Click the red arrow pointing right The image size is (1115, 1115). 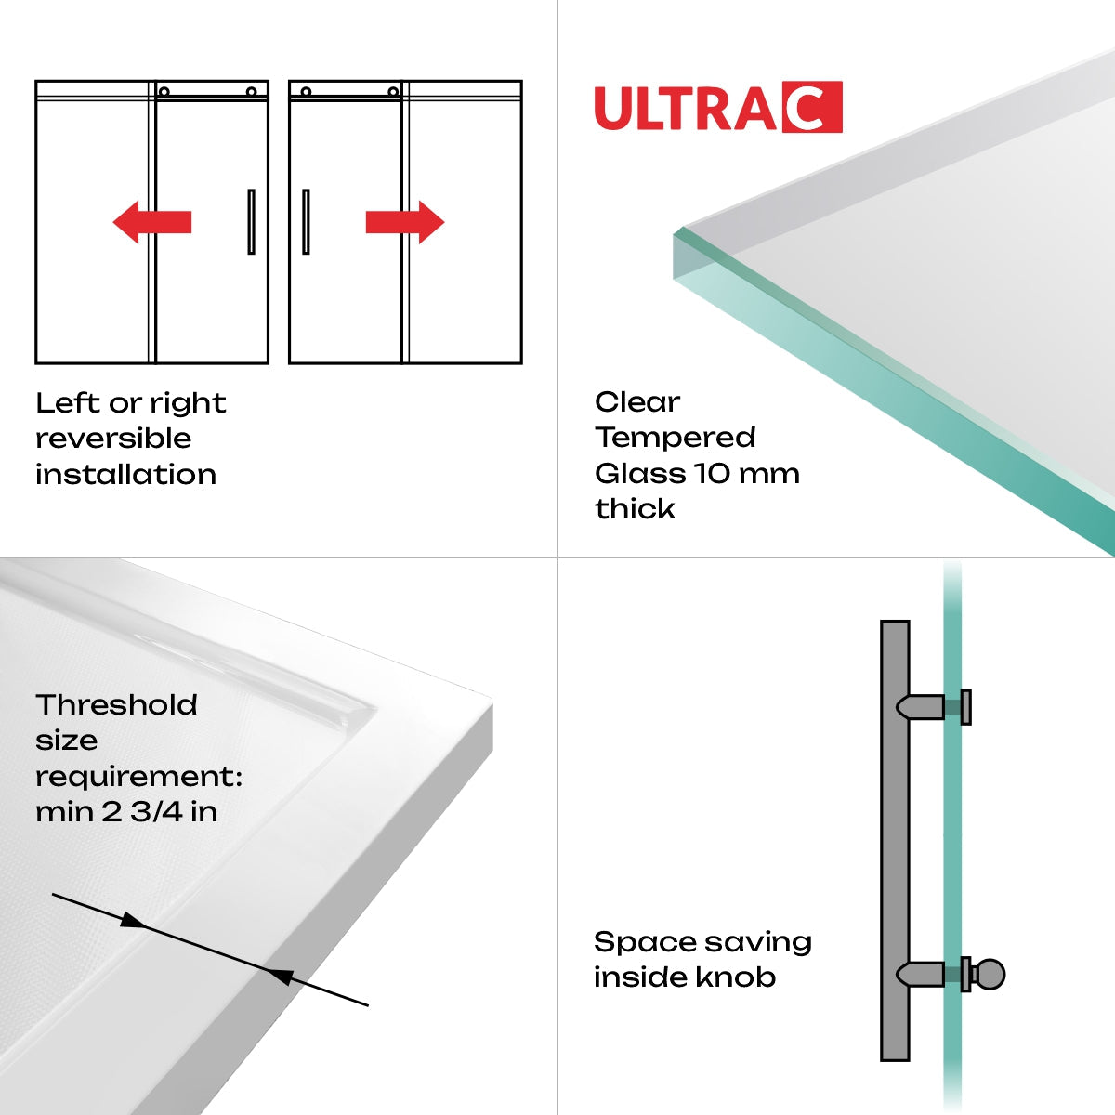[405, 222]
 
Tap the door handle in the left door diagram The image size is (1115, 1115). [251, 221]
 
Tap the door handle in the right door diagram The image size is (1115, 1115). [306, 221]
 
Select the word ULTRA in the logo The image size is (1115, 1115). [685, 109]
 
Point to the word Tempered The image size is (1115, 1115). [676, 438]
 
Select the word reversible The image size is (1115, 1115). [113, 439]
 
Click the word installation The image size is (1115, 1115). [125, 475]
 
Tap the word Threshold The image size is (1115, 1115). [116, 705]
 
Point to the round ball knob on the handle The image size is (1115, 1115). [990, 975]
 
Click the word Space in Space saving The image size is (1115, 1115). [637, 943]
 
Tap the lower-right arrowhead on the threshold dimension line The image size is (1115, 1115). [280, 975]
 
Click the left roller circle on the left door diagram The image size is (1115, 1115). [164, 92]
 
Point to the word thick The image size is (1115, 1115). [635, 509]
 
